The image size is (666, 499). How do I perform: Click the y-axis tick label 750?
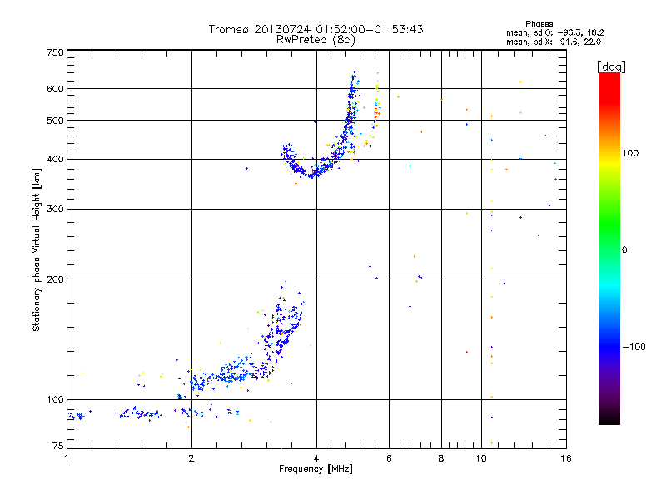tap(54, 52)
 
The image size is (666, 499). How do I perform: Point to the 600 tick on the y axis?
tap(54, 89)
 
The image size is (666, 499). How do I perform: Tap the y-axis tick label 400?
tap(54, 159)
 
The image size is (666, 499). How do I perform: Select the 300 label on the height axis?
tap(54, 209)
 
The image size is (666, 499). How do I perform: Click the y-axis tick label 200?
tap(54, 279)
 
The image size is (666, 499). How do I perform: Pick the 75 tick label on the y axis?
tap(57, 447)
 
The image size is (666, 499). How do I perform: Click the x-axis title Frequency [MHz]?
tap(316, 470)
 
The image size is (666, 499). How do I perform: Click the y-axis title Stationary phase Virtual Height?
tap(37, 249)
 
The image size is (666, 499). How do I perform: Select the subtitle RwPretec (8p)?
tap(316, 39)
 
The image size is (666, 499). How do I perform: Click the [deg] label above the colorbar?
tap(612, 66)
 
